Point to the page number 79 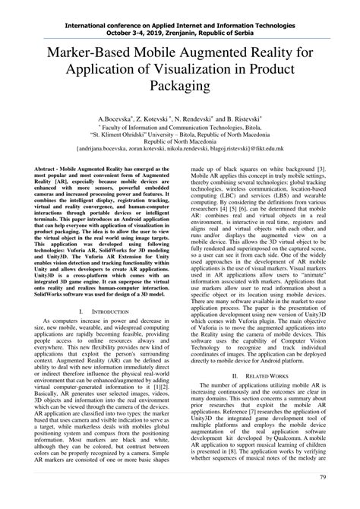323,498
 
